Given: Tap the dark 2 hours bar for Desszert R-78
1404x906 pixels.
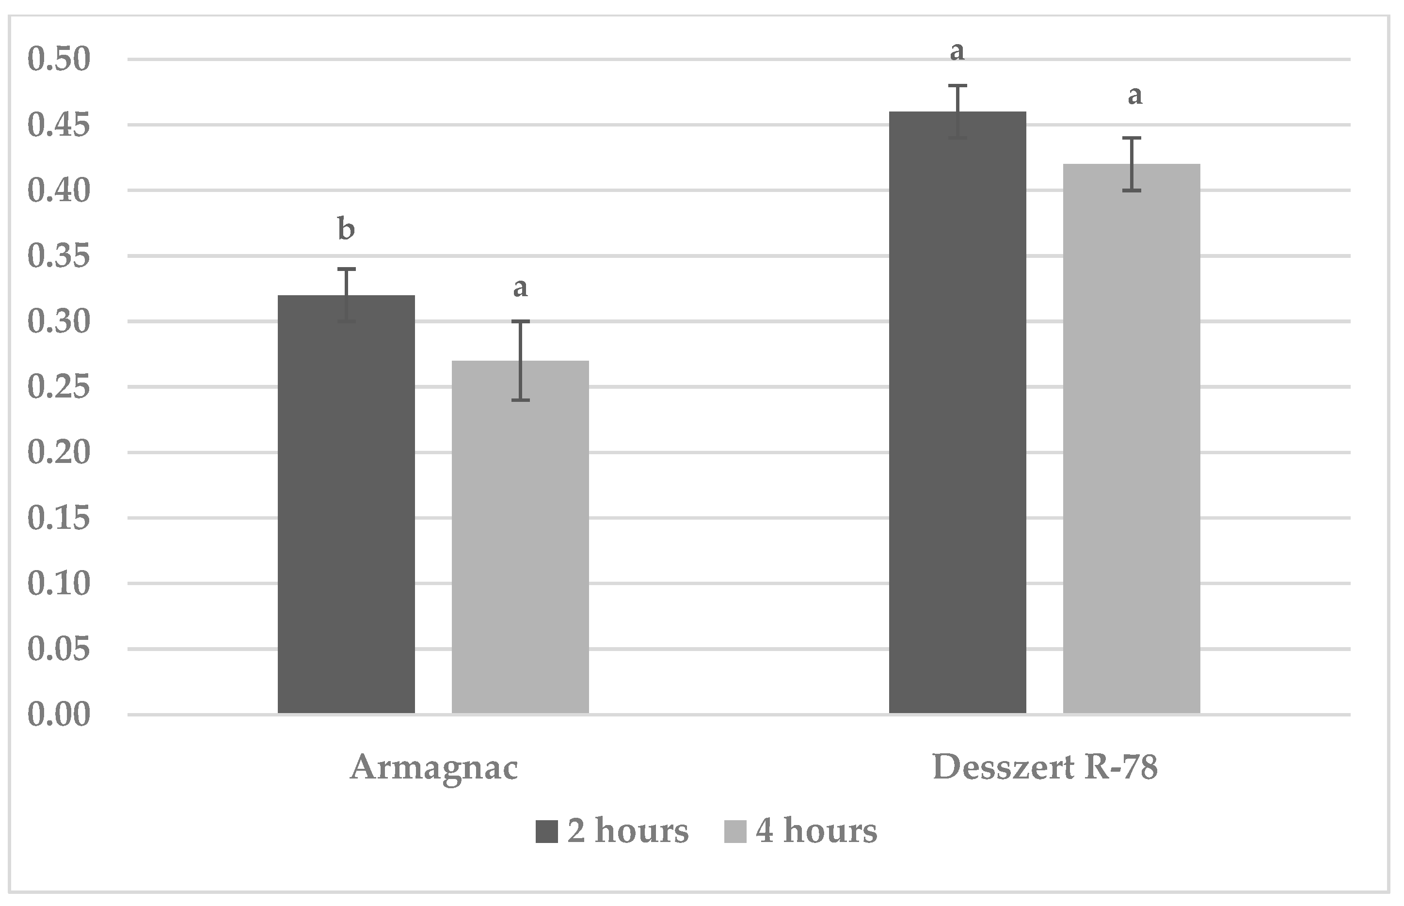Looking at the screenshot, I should click(957, 413).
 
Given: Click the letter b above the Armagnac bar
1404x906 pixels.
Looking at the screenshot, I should click(346, 229).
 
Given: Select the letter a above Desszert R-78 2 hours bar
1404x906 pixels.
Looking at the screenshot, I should click(957, 52).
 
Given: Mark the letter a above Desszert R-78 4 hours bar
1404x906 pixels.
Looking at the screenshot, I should click(1135, 95).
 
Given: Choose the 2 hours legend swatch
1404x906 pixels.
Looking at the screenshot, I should click(546, 832).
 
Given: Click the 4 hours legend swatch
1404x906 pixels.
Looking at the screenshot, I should click(735, 832).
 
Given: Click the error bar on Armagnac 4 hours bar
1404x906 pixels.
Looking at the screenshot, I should click(520, 360).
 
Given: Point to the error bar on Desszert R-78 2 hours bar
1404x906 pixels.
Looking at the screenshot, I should click(957, 112).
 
